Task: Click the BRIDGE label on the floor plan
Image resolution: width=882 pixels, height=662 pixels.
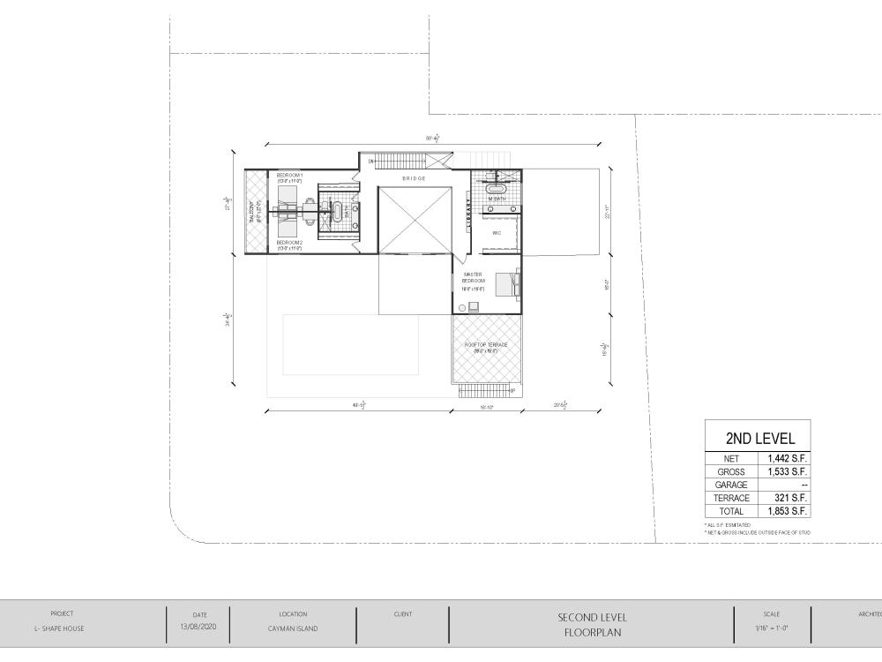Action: click(x=414, y=178)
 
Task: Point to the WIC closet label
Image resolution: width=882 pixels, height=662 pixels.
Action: click(x=497, y=232)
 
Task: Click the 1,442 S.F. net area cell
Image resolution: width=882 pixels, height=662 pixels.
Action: click(x=783, y=459)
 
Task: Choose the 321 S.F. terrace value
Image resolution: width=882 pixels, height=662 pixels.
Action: click(x=783, y=498)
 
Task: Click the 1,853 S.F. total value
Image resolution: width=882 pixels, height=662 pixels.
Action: click(x=783, y=511)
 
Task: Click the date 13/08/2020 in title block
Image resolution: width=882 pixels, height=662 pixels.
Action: click(x=198, y=628)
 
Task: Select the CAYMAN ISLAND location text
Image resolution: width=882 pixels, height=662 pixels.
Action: click(x=293, y=628)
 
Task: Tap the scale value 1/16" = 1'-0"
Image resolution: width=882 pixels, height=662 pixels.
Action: click(x=772, y=628)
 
